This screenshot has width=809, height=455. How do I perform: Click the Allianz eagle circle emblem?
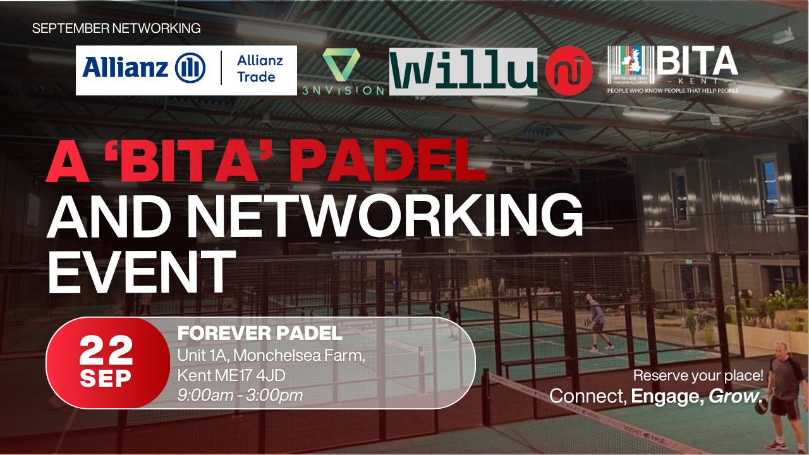(x=190, y=68)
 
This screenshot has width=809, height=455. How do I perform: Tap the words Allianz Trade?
(x=260, y=69)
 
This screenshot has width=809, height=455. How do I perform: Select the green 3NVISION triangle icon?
(x=341, y=64)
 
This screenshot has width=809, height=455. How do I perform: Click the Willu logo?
(x=463, y=71)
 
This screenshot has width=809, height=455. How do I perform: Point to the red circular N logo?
(x=568, y=71)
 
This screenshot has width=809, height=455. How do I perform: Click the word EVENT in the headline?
(x=142, y=272)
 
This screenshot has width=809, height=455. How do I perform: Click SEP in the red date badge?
(x=106, y=379)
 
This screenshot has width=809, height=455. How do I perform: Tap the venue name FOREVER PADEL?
(x=260, y=333)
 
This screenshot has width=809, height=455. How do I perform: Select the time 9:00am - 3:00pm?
(x=240, y=396)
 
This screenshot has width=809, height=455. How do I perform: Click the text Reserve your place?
(x=698, y=376)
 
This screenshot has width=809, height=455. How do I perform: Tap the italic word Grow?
(x=735, y=396)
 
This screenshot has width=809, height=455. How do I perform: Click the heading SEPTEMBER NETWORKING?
(x=116, y=28)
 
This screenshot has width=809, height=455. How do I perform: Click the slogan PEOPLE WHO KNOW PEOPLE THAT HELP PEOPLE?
(x=673, y=90)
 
